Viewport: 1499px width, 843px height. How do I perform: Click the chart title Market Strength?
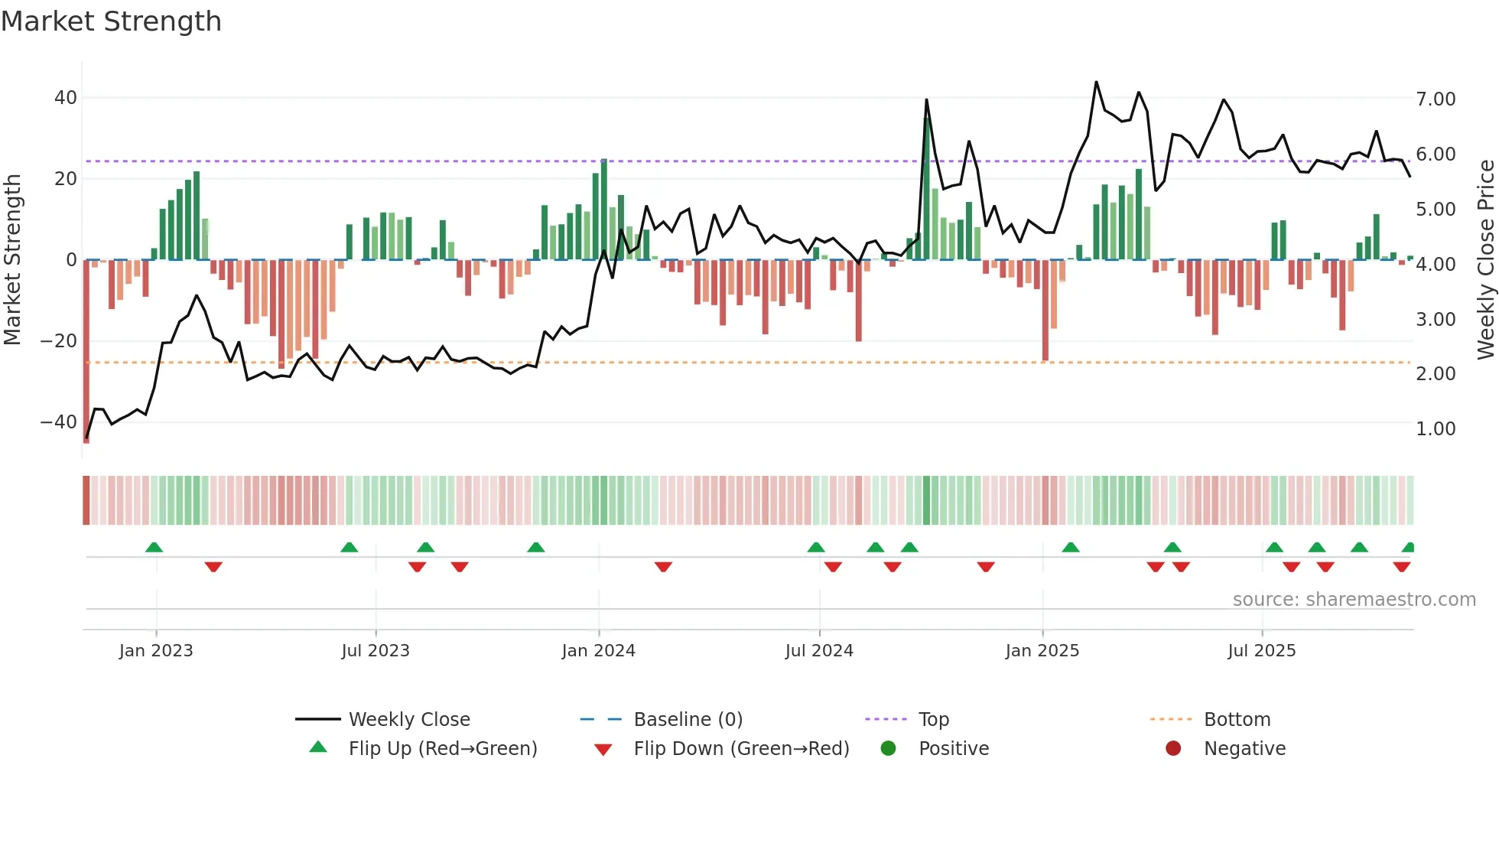[112, 21]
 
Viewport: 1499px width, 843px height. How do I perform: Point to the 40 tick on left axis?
[65, 98]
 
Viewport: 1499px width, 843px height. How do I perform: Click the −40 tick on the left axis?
[59, 421]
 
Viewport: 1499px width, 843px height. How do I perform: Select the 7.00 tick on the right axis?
[1436, 99]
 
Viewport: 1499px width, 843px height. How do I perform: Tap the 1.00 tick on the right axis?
[1436, 429]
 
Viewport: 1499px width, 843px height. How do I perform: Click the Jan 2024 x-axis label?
[598, 651]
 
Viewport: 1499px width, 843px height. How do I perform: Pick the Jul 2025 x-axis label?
[1261, 651]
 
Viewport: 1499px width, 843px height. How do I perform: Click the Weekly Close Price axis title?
[1485, 260]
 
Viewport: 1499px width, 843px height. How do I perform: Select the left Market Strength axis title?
[13, 260]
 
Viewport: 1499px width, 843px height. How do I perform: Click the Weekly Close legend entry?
[408, 720]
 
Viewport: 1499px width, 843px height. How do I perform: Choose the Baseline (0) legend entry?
[688, 720]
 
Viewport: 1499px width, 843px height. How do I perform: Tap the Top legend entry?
[933, 720]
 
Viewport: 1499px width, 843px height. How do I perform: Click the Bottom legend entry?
[1237, 720]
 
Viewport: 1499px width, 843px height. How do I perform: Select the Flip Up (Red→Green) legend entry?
[442, 749]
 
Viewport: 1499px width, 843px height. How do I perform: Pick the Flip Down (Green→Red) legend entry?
[741, 749]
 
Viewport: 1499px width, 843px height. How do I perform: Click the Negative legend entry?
[1244, 749]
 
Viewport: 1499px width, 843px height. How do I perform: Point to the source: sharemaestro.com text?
[1354, 600]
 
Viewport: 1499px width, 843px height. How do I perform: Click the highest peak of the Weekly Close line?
[1096, 82]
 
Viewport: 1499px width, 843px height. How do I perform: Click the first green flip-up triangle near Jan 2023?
[154, 547]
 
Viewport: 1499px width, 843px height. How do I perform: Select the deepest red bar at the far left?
[86, 352]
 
